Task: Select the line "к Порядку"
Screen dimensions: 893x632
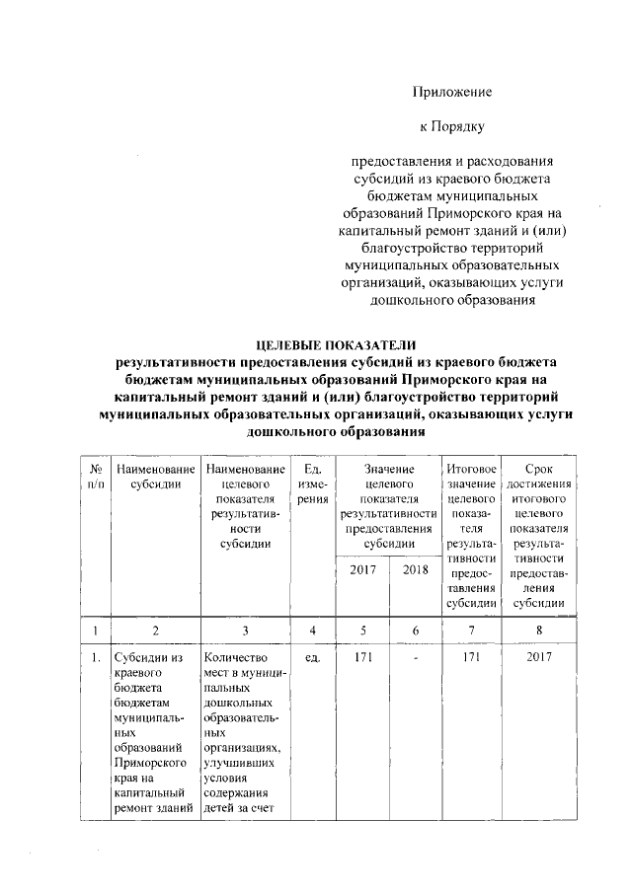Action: [x=451, y=126]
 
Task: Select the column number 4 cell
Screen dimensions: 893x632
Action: [x=312, y=630]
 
